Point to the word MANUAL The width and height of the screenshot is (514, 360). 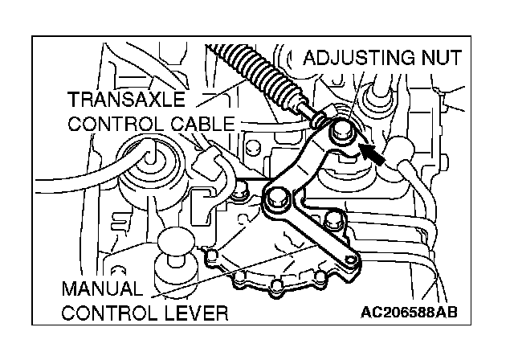click(x=103, y=287)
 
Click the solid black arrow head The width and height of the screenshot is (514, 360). click(x=370, y=149)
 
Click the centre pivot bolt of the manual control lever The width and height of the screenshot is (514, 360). click(x=279, y=198)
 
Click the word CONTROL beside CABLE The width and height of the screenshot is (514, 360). click(x=114, y=124)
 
